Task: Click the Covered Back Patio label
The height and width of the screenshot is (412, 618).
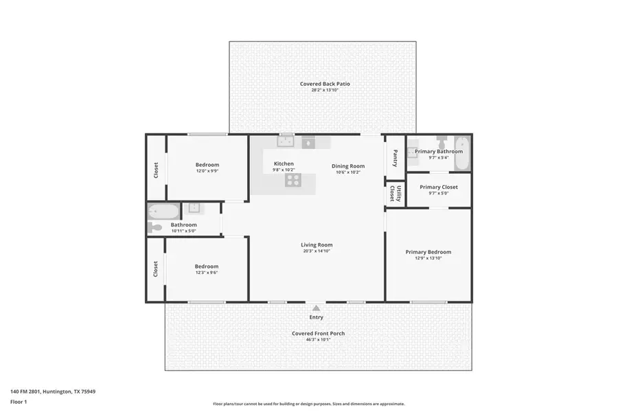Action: (325, 84)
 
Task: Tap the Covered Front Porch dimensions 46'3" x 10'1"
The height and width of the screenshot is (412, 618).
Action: (318, 339)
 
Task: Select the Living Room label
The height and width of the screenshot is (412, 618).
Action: (317, 244)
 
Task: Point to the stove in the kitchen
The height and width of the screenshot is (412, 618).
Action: (293, 180)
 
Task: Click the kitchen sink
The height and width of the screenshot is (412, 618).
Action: (285, 142)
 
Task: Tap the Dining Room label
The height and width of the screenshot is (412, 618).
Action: (348, 165)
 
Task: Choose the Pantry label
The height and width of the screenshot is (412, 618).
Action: (395, 159)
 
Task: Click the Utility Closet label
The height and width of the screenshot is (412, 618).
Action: (395, 193)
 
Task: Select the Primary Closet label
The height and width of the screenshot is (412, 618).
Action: (438, 187)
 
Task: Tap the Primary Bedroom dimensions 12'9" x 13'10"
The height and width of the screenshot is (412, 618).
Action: (428, 258)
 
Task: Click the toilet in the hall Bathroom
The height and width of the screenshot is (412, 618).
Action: (154, 228)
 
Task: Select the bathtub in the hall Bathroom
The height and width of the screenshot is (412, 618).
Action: (163, 211)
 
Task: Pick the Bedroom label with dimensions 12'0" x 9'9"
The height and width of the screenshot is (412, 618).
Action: (207, 164)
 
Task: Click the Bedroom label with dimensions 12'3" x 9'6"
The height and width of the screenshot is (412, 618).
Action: (206, 266)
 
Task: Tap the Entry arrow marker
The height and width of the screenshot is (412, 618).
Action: (316, 308)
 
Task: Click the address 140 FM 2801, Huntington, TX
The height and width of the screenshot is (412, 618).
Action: (52, 391)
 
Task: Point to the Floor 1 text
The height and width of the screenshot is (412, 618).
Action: (18, 401)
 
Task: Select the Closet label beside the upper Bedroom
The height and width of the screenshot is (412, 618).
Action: (156, 170)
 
